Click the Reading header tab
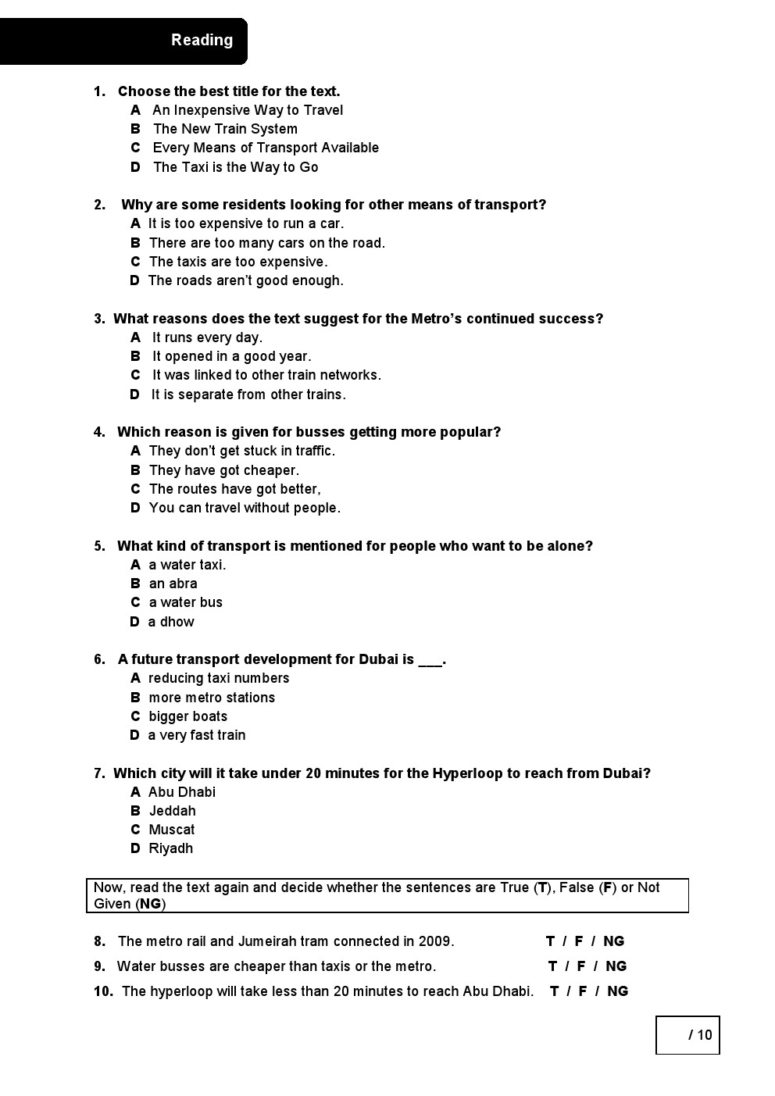point(202,40)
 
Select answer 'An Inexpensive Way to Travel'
point(247,110)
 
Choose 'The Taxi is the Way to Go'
point(235,167)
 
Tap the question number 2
point(99,205)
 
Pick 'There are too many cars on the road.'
point(266,243)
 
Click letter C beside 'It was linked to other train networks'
point(135,375)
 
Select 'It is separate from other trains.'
point(248,394)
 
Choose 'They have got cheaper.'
point(223,470)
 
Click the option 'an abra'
point(173,584)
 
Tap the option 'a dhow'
point(170,622)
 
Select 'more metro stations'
point(212,698)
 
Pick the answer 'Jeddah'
point(172,811)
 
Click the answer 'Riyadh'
point(170,848)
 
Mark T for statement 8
point(550,941)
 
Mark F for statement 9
point(580,966)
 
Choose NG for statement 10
point(617,991)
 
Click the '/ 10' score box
point(687,1035)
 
